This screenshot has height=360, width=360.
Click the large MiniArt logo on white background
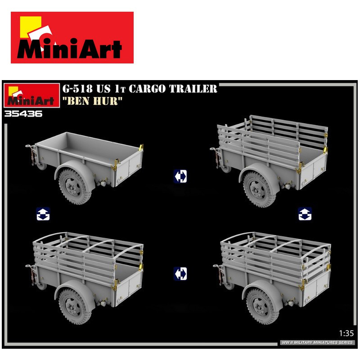(72, 37)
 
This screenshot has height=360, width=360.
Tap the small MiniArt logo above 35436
(31, 95)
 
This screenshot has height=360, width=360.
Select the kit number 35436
(23, 114)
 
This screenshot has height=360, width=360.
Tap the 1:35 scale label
(346, 333)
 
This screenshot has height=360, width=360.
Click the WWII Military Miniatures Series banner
(317, 342)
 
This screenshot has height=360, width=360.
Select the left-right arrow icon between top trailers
(180, 176)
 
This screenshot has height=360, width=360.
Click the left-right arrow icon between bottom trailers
(180, 274)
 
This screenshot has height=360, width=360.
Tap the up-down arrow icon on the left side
(43, 214)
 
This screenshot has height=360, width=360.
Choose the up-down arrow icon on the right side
(305, 214)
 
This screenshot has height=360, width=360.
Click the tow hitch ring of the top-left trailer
(28, 146)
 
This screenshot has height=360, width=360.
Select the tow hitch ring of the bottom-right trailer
(216, 266)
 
